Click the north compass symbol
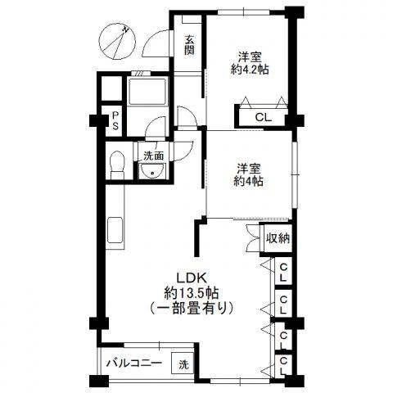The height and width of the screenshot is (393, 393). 117,42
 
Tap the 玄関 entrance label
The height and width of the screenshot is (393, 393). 189,45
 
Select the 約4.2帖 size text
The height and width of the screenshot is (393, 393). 250,70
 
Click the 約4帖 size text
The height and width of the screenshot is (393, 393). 248,181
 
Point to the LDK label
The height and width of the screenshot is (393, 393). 192,278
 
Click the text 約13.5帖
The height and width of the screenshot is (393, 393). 191,294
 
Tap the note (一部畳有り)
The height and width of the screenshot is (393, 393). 192,309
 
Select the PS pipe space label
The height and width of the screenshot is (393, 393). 115,121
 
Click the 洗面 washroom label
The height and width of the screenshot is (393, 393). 154,156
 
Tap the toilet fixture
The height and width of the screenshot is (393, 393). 117,165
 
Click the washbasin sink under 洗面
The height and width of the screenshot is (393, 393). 152,171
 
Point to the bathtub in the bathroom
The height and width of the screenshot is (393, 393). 147,92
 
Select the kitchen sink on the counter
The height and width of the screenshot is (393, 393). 115,230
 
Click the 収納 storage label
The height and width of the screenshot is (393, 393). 278,239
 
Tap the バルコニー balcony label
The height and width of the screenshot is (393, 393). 134,364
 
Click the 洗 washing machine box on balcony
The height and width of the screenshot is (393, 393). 183,364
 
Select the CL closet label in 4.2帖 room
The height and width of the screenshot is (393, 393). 264,118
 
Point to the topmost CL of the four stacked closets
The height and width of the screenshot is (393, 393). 283,273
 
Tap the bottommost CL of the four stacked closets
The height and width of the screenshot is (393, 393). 283,366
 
